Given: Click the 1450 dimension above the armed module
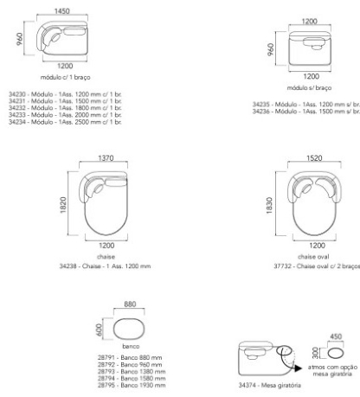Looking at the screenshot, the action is coord(62,11).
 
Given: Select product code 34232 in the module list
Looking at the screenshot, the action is coord(17,108).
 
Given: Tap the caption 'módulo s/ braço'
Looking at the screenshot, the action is coord(309,87).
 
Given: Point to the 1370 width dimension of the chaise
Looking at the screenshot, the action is coord(106,158).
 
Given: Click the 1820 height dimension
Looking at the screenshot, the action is coord(63,205).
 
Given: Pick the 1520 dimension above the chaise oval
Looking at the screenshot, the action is coord(314,158).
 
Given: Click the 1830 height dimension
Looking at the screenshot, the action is coord(269,206).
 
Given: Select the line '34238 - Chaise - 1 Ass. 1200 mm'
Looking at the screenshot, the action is coord(105,266).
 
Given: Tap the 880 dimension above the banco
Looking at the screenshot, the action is coord(130,304).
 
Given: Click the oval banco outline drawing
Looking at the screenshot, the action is coord(113,329).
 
